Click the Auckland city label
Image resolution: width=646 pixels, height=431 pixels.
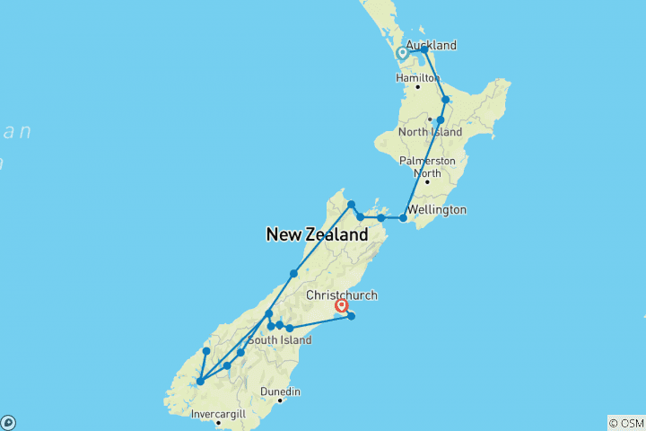[x=431, y=45]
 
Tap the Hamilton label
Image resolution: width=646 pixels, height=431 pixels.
[x=417, y=77]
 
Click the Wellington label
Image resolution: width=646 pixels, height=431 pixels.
[x=438, y=210]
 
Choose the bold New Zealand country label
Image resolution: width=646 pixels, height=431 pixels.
[x=317, y=234]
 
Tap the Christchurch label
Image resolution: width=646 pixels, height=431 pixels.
[x=342, y=295]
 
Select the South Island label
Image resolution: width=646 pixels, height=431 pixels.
[x=279, y=340]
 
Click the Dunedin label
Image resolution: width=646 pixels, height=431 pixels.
[x=280, y=391]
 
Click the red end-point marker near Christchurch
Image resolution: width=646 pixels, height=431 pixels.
[x=341, y=306]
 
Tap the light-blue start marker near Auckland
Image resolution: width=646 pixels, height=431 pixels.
[x=403, y=53]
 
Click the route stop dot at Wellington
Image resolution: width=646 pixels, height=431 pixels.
[x=403, y=217]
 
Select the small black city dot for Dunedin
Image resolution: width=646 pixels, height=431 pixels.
[x=280, y=400]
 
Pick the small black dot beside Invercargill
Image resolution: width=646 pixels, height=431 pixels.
[x=218, y=422]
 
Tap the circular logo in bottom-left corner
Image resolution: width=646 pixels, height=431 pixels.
[x=7, y=422]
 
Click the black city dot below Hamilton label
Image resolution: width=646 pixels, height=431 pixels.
[x=417, y=86]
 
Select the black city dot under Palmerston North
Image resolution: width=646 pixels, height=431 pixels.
[x=427, y=181]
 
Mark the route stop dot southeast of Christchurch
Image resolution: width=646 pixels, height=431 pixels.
[x=351, y=315]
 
